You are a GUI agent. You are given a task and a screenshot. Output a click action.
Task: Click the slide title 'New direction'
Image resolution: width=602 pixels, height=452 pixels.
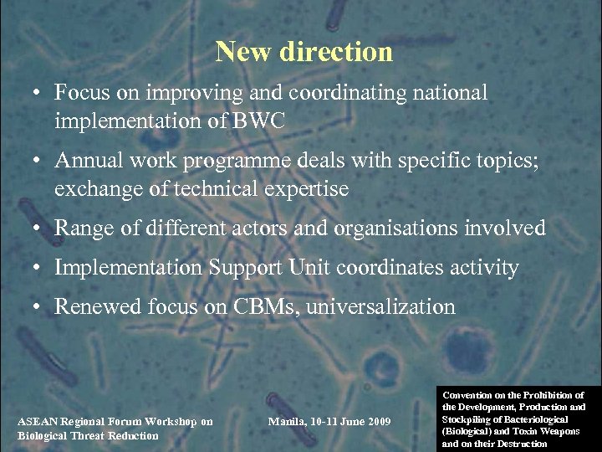click(304, 52)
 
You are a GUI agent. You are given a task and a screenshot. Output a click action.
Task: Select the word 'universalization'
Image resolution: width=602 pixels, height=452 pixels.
click(381, 307)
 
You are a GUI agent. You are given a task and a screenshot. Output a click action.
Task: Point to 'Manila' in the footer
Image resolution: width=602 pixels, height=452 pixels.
click(287, 420)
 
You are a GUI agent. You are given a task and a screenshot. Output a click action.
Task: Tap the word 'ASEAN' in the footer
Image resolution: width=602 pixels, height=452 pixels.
click(37, 421)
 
